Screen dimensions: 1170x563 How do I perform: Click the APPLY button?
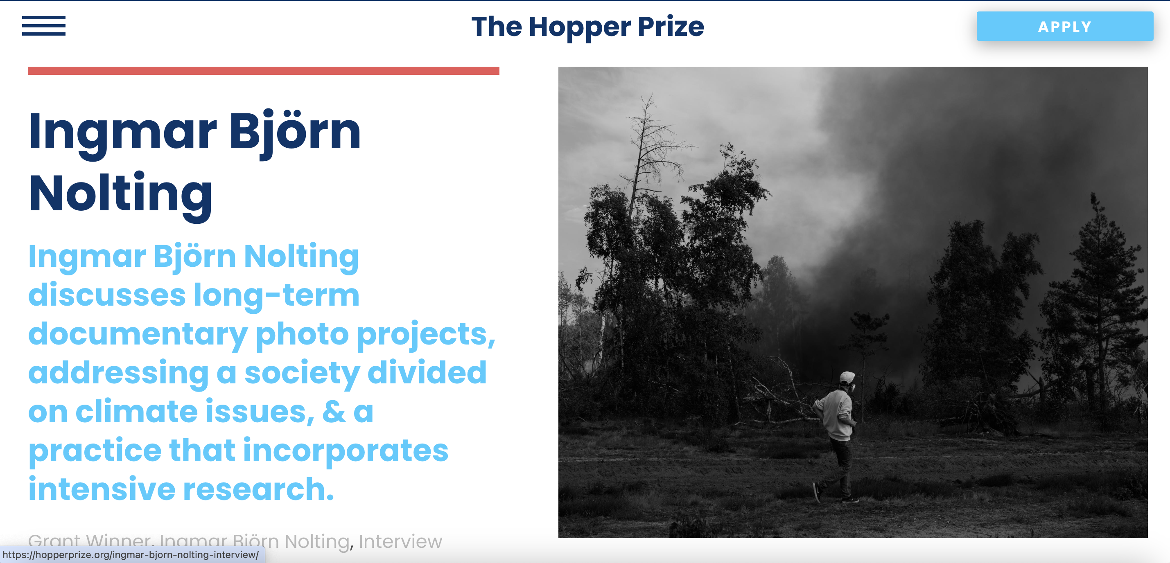tap(1065, 26)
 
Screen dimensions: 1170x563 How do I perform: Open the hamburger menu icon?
tap(44, 26)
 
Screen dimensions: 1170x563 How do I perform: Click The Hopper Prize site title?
tap(588, 27)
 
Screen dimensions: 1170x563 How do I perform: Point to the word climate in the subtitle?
tap(136, 411)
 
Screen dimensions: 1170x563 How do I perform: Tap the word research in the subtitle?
tap(258, 489)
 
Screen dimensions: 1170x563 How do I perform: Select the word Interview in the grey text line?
tap(400, 541)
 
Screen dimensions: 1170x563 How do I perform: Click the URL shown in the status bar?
tap(131, 555)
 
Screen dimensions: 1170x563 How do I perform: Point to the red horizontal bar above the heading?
tap(263, 71)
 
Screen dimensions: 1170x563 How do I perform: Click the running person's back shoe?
tap(817, 493)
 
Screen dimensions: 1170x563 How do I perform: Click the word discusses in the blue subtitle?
tap(107, 295)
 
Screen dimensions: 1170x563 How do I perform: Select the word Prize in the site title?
tap(671, 27)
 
